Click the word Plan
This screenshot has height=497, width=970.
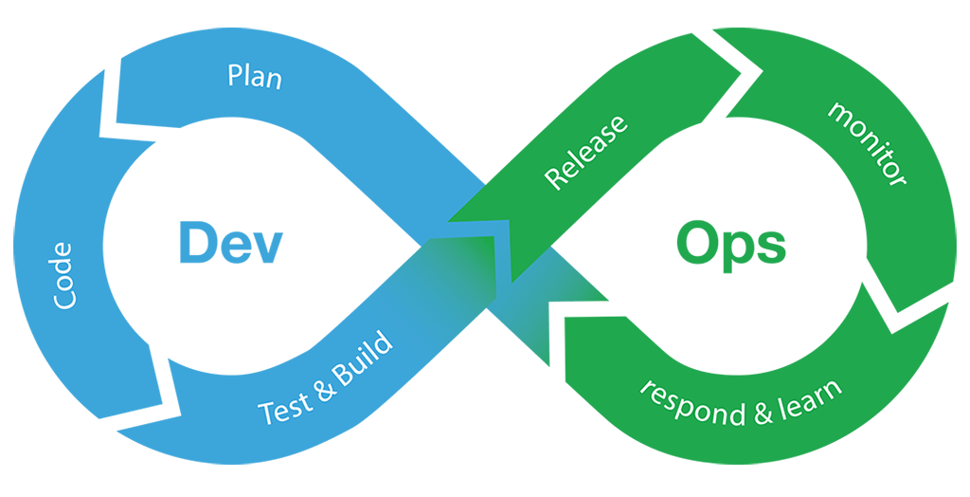[255, 76]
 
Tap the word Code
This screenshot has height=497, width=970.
[63, 275]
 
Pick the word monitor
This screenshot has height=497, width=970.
[868, 143]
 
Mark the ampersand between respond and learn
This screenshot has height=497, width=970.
[759, 410]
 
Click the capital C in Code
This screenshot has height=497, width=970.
[63, 298]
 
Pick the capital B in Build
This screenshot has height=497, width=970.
[352, 367]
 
